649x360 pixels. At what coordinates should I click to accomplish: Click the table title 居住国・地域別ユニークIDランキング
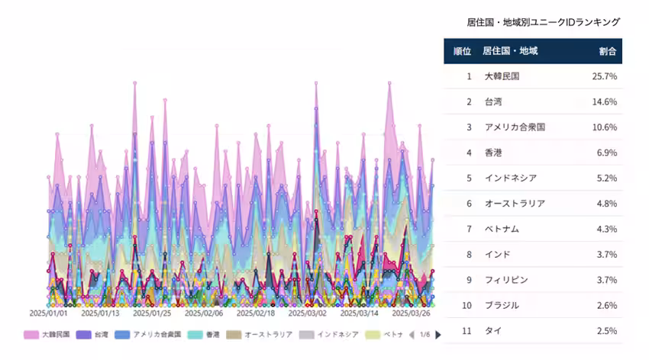coord(543,22)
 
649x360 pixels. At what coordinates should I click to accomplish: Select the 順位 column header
coord(461,51)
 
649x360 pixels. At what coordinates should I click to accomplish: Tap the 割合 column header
coord(608,51)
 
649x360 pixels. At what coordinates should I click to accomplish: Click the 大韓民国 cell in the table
coord(502,76)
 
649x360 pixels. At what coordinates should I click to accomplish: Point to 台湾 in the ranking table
coord(494,101)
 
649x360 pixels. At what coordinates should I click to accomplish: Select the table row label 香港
coord(494,153)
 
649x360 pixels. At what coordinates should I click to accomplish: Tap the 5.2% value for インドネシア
coord(606,178)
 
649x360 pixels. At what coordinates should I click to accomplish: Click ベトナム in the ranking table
coord(502,229)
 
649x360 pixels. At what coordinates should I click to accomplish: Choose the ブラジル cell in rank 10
coord(502,305)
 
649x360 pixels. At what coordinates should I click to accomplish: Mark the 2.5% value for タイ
coord(606,330)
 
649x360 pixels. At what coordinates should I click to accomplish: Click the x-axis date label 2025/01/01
coord(49,313)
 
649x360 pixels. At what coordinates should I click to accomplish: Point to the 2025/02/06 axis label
coord(204,313)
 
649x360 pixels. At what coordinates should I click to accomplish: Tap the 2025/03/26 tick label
coord(411,313)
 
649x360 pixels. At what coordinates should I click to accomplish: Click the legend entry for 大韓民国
coord(50,334)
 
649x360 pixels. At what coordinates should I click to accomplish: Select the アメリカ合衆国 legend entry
coord(153,334)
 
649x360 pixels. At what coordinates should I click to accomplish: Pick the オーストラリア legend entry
coord(261,334)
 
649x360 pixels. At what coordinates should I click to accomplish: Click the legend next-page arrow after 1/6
coord(438,334)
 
